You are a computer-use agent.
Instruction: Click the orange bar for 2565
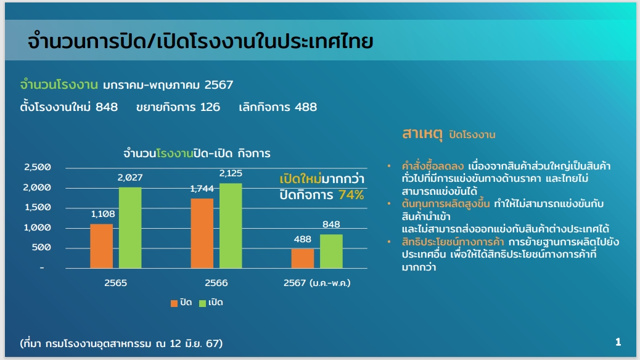click(101, 246)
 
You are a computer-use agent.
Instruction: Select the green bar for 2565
click(130, 227)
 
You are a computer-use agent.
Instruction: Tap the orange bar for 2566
click(202, 234)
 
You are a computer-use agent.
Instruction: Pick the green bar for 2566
click(231, 226)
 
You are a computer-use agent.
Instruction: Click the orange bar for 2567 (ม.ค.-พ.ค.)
click(303, 258)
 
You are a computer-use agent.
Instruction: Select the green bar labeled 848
click(332, 252)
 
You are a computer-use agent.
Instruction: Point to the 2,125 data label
click(231, 173)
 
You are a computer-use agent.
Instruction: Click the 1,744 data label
click(202, 189)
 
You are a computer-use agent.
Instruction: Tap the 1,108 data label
click(103, 214)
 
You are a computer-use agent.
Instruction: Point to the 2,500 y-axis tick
click(38, 167)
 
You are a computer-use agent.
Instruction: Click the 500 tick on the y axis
click(42, 247)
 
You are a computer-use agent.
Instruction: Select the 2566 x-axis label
click(216, 283)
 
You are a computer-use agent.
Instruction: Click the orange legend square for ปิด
click(174, 303)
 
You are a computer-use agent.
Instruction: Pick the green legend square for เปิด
click(202, 303)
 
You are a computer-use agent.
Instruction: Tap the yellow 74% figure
click(351, 195)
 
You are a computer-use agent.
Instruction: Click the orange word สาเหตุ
click(422, 134)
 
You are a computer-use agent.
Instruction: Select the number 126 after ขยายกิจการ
click(210, 107)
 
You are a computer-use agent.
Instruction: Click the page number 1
click(618, 342)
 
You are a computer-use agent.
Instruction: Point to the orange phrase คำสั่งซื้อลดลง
click(433, 166)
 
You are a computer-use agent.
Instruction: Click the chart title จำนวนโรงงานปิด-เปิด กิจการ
click(197, 153)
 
